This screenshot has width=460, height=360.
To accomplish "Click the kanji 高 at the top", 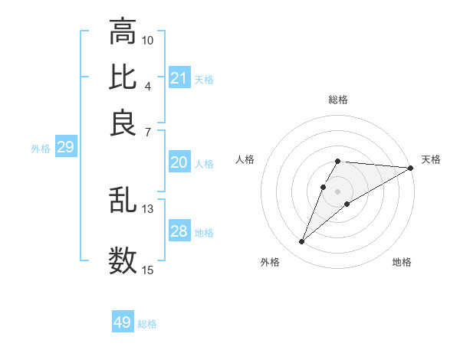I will tap(123, 32).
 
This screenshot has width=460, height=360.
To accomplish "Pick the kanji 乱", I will tap(123, 201).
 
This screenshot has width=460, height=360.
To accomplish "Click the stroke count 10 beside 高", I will tap(148, 40).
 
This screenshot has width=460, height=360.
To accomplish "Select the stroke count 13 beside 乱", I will tap(148, 209).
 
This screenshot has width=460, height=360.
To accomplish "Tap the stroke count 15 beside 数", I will tap(148, 270).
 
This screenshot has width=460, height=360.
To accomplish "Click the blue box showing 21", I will tap(179, 78).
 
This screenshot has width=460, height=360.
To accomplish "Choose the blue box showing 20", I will tap(179, 162).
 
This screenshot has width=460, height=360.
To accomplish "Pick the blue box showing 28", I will tap(179, 231).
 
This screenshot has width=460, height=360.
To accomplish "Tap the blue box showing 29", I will tap(65, 148).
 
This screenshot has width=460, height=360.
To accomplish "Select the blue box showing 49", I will tap(123, 322).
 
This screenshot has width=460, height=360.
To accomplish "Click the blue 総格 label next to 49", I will tap(147, 324).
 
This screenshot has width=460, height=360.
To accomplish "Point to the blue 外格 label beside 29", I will tap(41, 149).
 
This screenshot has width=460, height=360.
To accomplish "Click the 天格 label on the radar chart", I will tap(431, 159).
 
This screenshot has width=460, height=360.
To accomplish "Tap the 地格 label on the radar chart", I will tap(402, 262).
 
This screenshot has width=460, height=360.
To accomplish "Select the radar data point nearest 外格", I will tap(301, 242).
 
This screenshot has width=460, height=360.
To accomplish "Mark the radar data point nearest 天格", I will tap(411, 169).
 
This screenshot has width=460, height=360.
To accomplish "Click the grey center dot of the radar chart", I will tap(337, 191).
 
